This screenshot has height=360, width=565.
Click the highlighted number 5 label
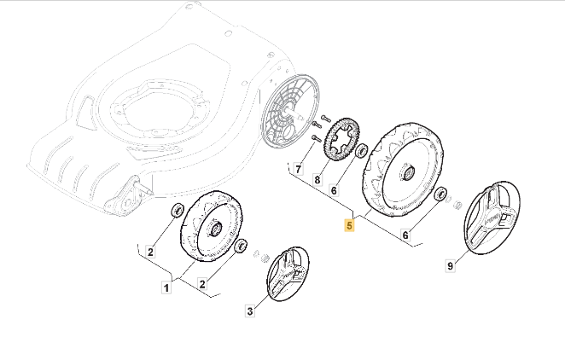349,226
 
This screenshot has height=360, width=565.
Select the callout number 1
167,288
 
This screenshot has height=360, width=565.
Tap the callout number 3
250,311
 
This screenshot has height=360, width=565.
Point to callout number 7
299,169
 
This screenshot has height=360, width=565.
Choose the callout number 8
317,180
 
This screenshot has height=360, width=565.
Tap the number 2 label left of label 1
150,252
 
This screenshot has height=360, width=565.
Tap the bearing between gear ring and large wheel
361,152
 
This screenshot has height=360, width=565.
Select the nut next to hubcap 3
264,258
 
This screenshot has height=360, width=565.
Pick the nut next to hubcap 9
457,206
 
